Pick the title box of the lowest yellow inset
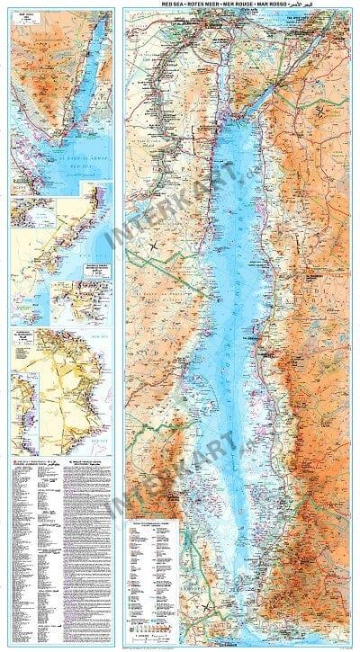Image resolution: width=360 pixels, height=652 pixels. tap(25, 341)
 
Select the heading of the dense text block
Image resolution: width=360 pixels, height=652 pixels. tap(89, 460)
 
